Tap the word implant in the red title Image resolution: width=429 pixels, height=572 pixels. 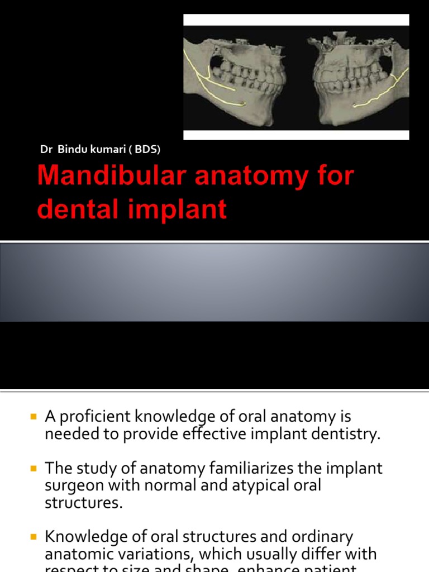coord(189,209)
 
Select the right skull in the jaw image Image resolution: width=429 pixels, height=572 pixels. coord(357,78)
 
